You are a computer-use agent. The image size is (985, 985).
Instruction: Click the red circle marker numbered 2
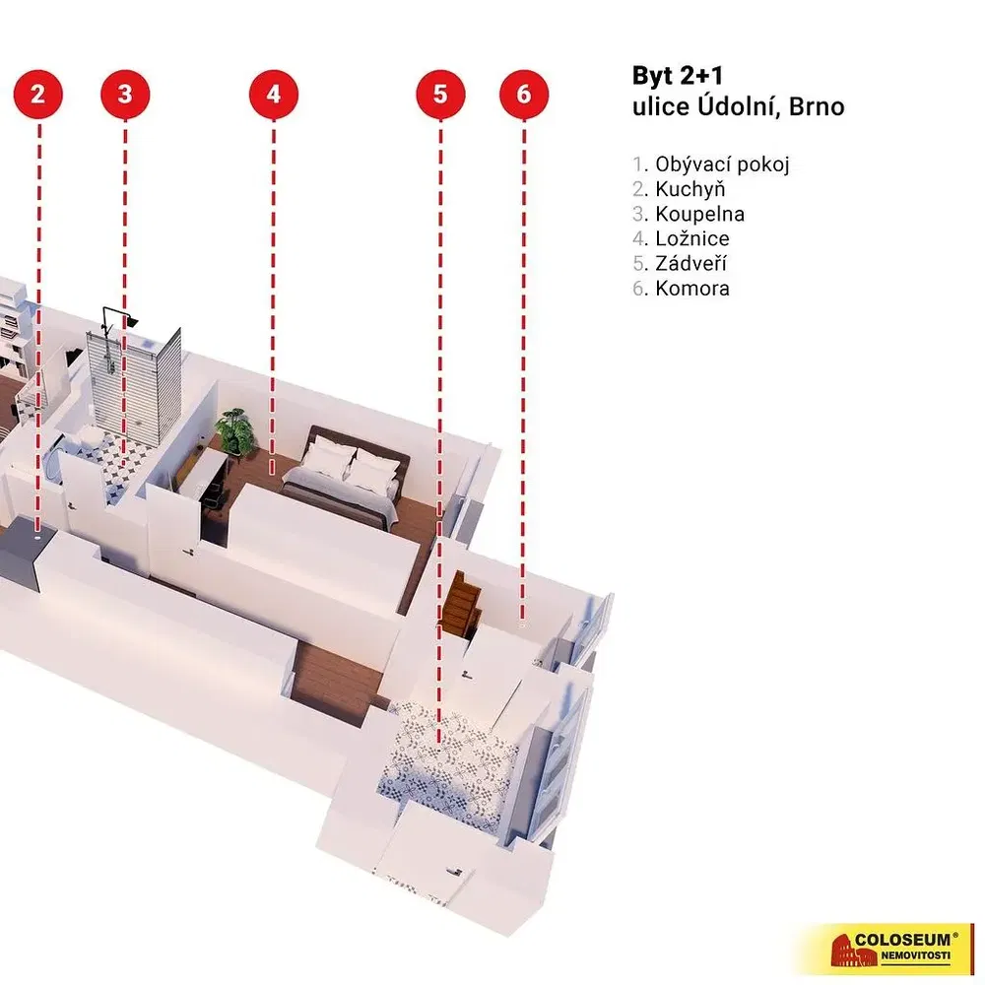tap(38, 95)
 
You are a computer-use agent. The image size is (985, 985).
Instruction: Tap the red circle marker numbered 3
tap(125, 95)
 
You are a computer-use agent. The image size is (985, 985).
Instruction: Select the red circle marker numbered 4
tap(273, 95)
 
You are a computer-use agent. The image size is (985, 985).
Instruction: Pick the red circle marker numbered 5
tap(439, 95)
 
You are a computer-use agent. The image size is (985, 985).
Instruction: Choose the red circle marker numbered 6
tap(523, 95)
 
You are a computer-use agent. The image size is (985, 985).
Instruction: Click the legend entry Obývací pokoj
tap(710, 164)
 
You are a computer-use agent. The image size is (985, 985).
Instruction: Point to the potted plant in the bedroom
tap(234, 431)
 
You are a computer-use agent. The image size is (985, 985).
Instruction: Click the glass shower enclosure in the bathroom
tap(138, 374)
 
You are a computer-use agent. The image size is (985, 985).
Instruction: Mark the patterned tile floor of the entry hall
tap(448, 754)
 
